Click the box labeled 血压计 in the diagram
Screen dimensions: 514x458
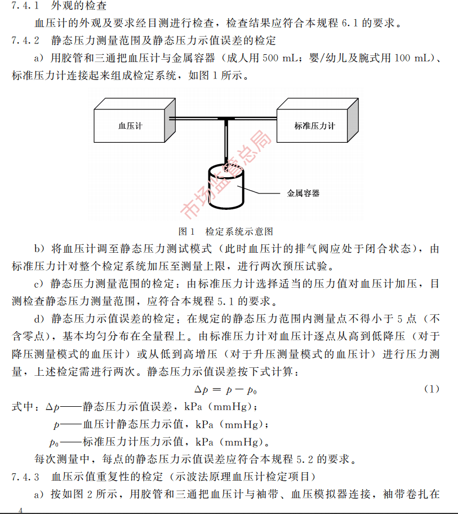pos(130,125)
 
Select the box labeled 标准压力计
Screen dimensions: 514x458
pos(314,125)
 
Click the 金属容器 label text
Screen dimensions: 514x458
pos(303,193)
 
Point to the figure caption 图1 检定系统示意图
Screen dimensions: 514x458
pos(226,231)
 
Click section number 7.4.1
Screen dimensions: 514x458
pos(25,7)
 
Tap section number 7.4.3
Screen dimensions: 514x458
pos(25,477)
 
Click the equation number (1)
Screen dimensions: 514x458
pos(431,389)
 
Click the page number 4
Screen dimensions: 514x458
pos(21,509)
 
